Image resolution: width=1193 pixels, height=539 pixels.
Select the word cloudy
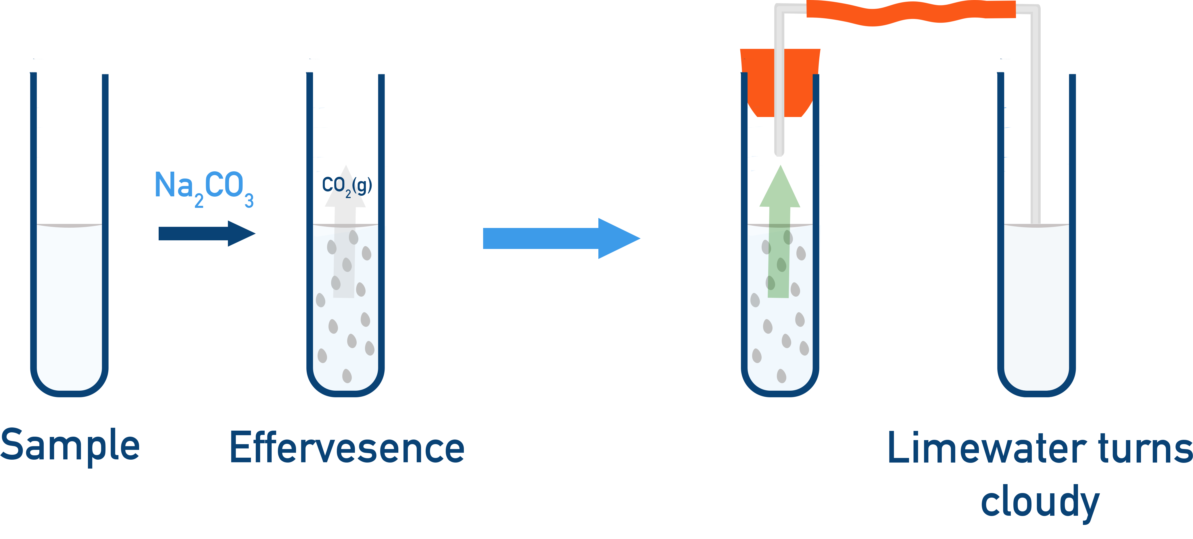1040,502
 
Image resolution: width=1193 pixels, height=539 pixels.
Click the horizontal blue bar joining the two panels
535,239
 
